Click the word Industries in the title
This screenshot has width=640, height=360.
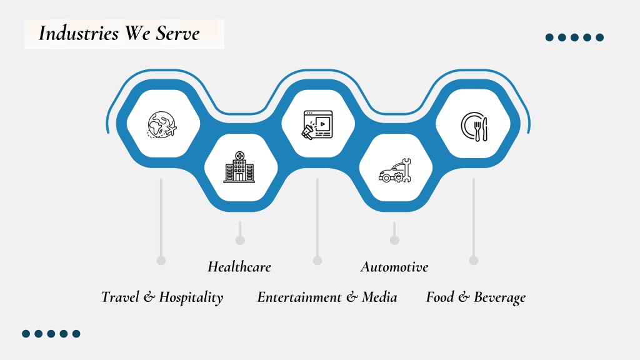pyautogui.click(x=78, y=33)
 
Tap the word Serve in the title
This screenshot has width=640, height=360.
pyautogui.click(x=177, y=33)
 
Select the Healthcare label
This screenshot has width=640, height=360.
pyautogui.click(x=239, y=267)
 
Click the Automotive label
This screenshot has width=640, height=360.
pyautogui.click(x=394, y=267)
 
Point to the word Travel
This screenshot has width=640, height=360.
pyautogui.click(x=120, y=297)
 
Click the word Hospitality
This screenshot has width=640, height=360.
pyautogui.click(x=191, y=297)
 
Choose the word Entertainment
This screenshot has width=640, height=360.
pyautogui.click(x=299, y=297)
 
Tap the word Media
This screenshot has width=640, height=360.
pyautogui.click(x=379, y=297)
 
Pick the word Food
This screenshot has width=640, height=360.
pyautogui.click(x=440, y=297)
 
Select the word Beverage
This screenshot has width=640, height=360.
pyautogui.click(x=499, y=297)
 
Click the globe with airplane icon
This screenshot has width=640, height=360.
pyautogui.click(x=162, y=124)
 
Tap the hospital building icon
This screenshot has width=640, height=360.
pyautogui.click(x=239, y=167)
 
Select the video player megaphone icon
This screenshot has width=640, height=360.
pyautogui.click(x=317, y=125)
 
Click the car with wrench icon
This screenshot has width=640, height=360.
pyautogui.click(x=395, y=171)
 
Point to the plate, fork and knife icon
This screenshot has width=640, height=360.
pyautogui.click(x=474, y=126)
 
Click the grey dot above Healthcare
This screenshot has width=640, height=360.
pyautogui.click(x=240, y=240)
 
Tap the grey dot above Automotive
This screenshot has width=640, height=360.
pyautogui.click(x=394, y=240)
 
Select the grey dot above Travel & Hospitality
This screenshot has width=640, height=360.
pyautogui.click(x=161, y=261)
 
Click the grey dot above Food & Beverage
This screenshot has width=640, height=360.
pyautogui.click(x=474, y=261)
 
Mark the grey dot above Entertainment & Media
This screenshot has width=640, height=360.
pyautogui.click(x=317, y=261)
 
